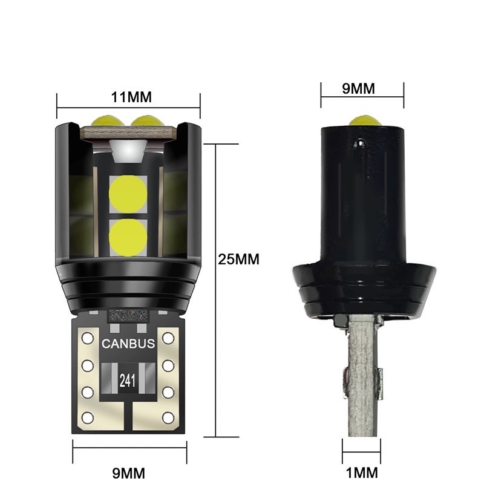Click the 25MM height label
pyautogui.click(x=238, y=259)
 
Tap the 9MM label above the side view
pyautogui.click(x=359, y=88)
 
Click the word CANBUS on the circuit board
pyautogui.click(x=128, y=344)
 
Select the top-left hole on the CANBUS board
pyautogui.click(x=87, y=336)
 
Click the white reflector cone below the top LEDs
pyautogui.click(x=128, y=148)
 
